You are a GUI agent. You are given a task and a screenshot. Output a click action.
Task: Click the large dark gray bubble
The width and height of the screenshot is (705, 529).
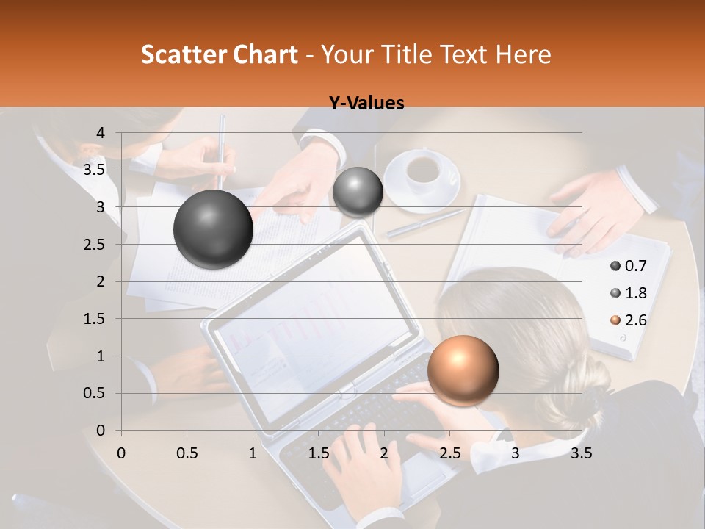click(213, 229)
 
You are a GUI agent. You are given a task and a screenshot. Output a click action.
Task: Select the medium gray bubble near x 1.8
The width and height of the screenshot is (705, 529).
click(358, 192)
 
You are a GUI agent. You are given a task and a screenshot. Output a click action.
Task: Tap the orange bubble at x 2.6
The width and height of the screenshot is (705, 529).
click(463, 370)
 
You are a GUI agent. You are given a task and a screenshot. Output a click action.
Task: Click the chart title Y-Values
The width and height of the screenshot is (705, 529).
click(366, 104)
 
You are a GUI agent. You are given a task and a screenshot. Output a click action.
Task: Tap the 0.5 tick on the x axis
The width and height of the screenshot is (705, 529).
click(187, 453)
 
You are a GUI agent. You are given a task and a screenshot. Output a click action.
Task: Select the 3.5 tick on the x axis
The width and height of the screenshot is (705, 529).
click(581, 453)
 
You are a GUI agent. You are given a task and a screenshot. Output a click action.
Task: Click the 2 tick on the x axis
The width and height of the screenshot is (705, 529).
click(384, 453)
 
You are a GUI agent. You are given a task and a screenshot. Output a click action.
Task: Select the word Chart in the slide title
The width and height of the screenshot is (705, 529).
click(264, 54)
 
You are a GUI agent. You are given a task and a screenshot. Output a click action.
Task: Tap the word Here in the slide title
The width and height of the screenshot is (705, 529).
click(522, 54)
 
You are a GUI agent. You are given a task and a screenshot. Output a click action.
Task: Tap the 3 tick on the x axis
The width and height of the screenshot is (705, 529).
click(516, 453)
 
